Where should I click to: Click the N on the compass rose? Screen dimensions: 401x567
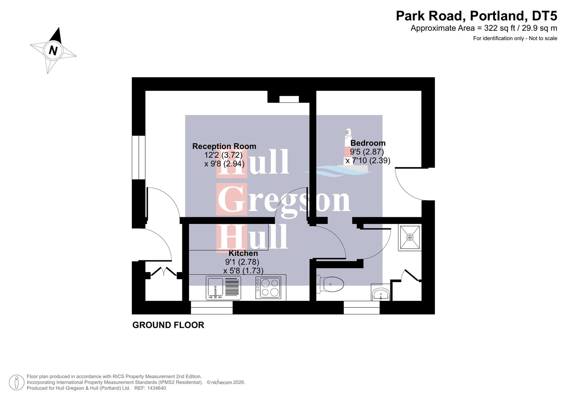tap(53, 50)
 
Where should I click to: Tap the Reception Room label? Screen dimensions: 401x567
tap(224, 146)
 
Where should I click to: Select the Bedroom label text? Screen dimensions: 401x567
tap(368, 143)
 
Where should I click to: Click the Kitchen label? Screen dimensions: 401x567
tap(243, 253)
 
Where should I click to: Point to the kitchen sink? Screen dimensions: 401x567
tap(215, 288)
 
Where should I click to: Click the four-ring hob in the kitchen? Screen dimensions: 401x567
tap(270, 288)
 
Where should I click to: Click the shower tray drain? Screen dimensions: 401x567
tap(410, 237)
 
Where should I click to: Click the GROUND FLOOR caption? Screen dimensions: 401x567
tap(168, 325)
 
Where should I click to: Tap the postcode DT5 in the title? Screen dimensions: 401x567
tap(544, 16)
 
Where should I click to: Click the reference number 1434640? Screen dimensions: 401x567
tap(157, 388)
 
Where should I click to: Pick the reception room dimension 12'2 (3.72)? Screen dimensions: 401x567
tap(223, 155)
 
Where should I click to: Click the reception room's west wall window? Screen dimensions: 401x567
tap(139, 157)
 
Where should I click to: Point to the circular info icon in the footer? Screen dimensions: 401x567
tap(16, 382)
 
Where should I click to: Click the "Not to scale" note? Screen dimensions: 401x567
tap(543, 38)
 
